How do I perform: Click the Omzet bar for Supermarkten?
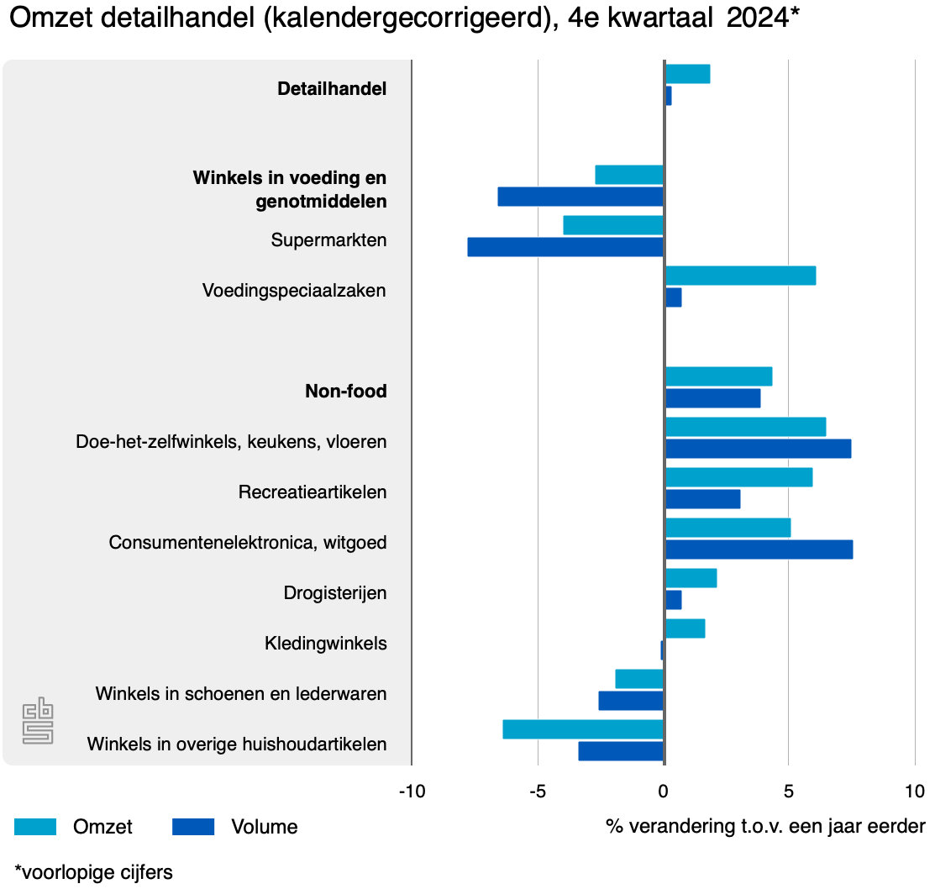pyautogui.click(x=613, y=225)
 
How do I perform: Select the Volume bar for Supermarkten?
pyautogui.click(x=565, y=247)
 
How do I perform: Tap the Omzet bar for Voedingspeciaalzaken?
pyautogui.click(x=740, y=276)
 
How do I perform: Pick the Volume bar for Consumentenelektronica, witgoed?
pyautogui.click(x=759, y=550)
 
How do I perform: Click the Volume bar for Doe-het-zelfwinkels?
pyautogui.click(x=758, y=449)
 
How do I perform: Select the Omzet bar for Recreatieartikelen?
pyautogui.click(x=738, y=477)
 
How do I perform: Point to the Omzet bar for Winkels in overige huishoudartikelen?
pyautogui.click(x=583, y=729)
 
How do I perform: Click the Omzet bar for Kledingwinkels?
pyautogui.click(x=685, y=629)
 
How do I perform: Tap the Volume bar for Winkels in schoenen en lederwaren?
pyautogui.click(x=631, y=701)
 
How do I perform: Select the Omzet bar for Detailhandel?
pyautogui.click(x=687, y=74)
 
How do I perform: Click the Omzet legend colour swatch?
pyautogui.click(x=35, y=827)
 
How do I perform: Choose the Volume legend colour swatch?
pyautogui.click(x=193, y=827)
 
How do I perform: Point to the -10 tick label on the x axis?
pyautogui.click(x=412, y=792)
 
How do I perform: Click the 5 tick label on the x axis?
pyautogui.click(x=788, y=792)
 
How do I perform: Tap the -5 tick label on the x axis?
pyautogui.click(x=538, y=792)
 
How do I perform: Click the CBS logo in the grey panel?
pyautogui.click(x=38, y=720)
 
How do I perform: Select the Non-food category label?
pyautogui.click(x=345, y=392)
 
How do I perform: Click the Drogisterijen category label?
pyautogui.click(x=335, y=593)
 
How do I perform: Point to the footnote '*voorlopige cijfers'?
pyautogui.click(x=93, y=872)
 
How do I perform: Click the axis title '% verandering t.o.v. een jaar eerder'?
pyautogui.click(x=765, y=827)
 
